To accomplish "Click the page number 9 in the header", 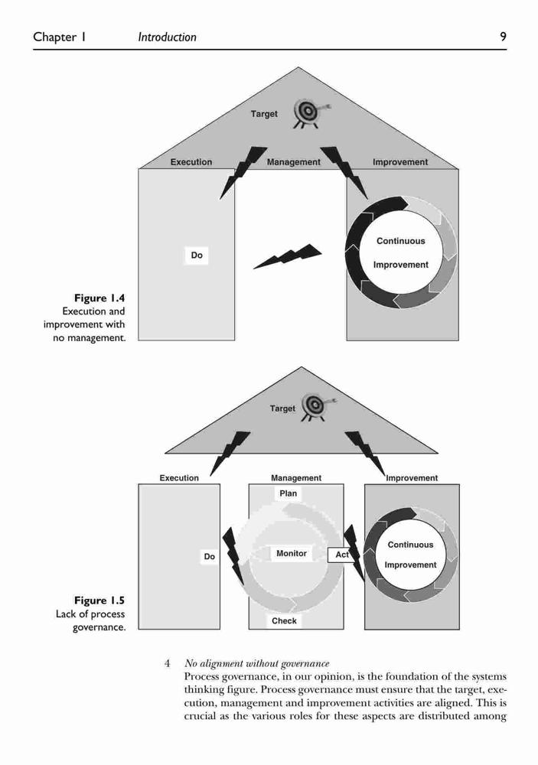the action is (503, 37).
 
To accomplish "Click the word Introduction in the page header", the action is (167, 37).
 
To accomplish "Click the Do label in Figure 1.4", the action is (197, 256).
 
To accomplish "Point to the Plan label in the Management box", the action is (288, 493).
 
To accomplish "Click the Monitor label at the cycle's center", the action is (292, 553).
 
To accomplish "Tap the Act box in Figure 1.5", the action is (341, 555).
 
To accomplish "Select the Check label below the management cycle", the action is (284, 620).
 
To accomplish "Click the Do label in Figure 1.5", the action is (210, 557).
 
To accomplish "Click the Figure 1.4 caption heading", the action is (99, 298).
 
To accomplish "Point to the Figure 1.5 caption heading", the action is (99, 601).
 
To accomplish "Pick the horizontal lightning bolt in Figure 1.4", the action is (288, 256).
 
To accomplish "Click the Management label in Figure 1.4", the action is (293, 162).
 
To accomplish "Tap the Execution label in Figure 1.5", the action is (179, 478).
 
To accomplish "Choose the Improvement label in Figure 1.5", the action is (412, 478).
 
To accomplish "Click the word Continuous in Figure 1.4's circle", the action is (401, 241).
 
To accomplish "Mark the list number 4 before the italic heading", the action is (168, 663).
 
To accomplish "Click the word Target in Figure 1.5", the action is (282, 409).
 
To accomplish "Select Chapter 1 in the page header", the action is (60, 37).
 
